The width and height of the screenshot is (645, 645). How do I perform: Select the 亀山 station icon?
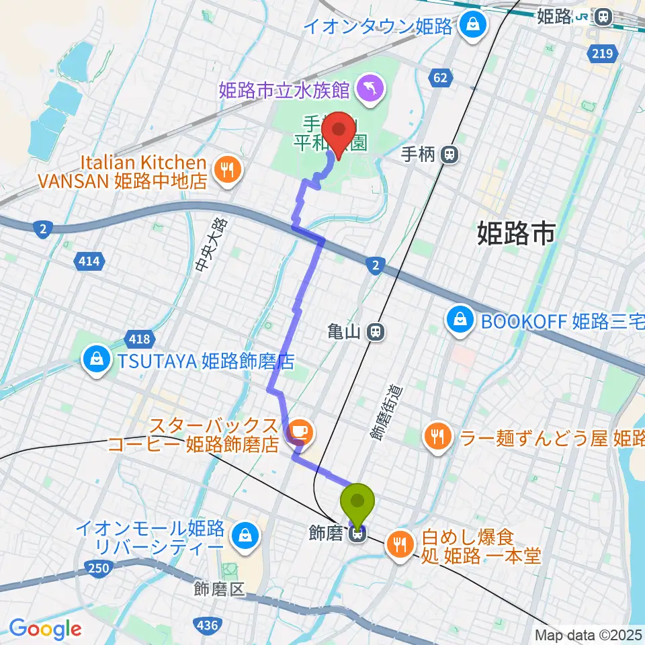click(376, 331)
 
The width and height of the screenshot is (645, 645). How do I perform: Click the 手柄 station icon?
click(449, 155)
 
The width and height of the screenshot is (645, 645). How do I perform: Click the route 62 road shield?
click(440, 79)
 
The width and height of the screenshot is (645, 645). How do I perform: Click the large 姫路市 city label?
click(516, 233)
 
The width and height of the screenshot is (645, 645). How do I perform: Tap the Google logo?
click(45, 629)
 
